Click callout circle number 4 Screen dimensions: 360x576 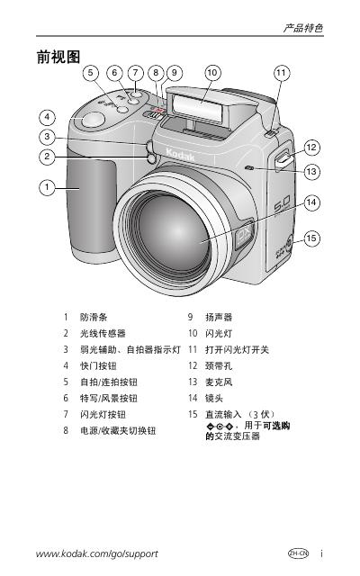pyautogui.click(x=47, y=118)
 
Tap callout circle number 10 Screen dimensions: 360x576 pyautogui.click(x=212, y=72)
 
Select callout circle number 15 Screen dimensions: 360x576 pyautogui.click(x=311, y=238)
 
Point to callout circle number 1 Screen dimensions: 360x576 pyautogui.click(x=47, y=188)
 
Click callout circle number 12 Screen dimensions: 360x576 pyautogui.click(x=311, y=148)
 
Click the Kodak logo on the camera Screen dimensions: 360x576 pyautogui.click(x=180, y=155)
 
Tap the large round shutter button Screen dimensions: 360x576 pyautogui.click(x=93, y=120)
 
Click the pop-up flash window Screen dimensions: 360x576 pyautogui.click(x=198, y=107)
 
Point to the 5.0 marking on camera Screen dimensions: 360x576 pyautogui.click(x=283, y=204)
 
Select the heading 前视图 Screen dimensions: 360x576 pyautogui.click(x=58, y=58)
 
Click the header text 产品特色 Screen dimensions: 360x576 pyautogui.click(x=303, y=28)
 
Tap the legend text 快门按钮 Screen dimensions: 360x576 pyautogui.click(x=98, y=366)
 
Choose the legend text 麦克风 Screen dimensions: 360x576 pyautogui.click(x=219, y=382)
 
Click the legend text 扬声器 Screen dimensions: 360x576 pyautogui.click(x=219, y=317)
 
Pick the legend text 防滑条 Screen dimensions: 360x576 pyautogui.click(x=94, y=317)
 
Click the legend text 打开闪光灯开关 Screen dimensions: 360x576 pyautogui.click(x=237, y=349)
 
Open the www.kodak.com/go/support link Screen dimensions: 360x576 pyautogui.click(x=97, y=553)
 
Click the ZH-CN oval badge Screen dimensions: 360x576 pyautogui.click(x=298, y=553)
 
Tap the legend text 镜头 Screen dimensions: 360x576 pyautogui.click(x=214, y=398)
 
